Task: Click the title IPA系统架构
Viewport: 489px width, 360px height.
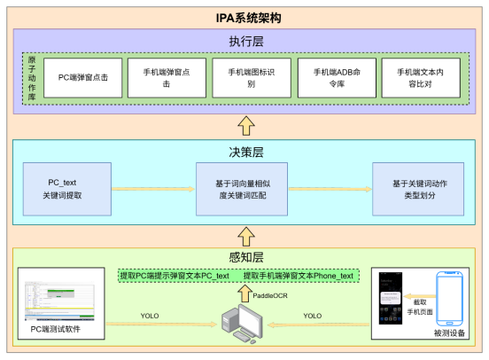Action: pyautogui.click(x=245, y=18)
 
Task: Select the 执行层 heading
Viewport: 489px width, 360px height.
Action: pyautogui.click(x=245, y=42)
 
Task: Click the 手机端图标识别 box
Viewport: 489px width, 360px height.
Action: pyautogui.click(x=246, y=78)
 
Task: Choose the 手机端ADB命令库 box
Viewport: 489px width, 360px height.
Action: pyautogui.click(x=331, y=78)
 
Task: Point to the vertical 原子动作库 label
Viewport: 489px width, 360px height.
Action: pyautogui.click(x=32, y=78)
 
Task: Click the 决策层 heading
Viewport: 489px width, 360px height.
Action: pyautogui.click(x=245, y=152)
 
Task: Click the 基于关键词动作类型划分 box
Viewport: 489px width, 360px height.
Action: pyautogui.click(x=417, y=188)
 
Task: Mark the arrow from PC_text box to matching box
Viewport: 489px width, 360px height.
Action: pyautogui.click(x=153, y=188)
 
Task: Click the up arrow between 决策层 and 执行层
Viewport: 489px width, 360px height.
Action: pyautogui.click(x=245, y=124)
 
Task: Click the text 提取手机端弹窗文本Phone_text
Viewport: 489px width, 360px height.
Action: pyautogui.click(x=299, y=276)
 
